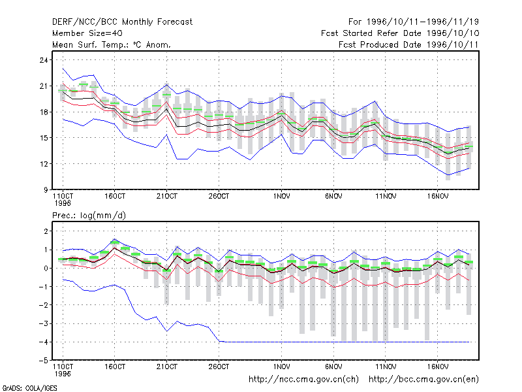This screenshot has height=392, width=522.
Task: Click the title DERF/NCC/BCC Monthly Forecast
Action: (122, 22)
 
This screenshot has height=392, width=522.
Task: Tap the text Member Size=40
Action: (87, 33)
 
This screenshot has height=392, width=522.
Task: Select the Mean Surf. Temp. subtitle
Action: (111, 44)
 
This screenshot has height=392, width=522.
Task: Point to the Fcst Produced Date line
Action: (408, 44)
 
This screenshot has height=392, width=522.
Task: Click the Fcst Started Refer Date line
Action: (400, 33)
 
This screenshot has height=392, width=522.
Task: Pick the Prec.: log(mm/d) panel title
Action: (89, 216)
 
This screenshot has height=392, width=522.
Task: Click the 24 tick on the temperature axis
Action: (44, 60)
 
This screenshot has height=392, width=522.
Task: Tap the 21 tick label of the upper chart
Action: (44, 86)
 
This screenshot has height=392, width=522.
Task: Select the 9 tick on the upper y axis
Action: (45, 190)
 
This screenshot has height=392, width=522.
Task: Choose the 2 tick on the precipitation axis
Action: (46, 231)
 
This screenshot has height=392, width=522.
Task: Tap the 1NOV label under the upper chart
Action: (282, 197)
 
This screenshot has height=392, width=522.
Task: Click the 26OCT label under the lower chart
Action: (219, 367)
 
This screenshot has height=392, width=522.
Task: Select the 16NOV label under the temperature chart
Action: (438, 197)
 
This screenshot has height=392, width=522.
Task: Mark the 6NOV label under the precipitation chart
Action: (333, 367)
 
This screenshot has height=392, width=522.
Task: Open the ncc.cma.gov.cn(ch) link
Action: (303, 380)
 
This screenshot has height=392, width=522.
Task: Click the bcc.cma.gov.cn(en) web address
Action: (423, 380)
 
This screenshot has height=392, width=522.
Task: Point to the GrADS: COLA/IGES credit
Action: (29, 388)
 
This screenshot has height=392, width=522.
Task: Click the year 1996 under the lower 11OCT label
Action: (63, 374)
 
